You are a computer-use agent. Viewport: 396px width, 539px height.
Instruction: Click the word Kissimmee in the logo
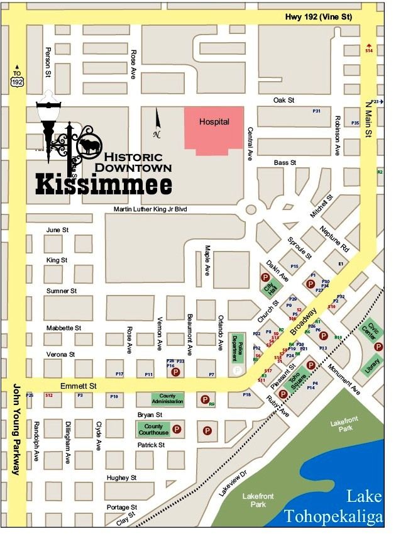pyautogui.click(x=104, y=184)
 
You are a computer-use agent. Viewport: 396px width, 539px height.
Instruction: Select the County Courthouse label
pyautogui.click(x=153, y=430)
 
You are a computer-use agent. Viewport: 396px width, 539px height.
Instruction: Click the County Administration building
pyautogui.click(x=168, y=399)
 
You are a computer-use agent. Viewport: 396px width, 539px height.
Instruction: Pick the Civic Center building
pyautogui.click(x=373, y=331)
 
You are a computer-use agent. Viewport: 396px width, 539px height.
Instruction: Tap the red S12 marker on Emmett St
pyautogui.click(x=49, y=395)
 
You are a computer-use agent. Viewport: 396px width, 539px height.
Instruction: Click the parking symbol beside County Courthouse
pyautogui.click(x=177, y=430)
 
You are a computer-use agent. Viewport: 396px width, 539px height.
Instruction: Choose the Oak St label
pyautogui.click(x=285, y=101)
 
